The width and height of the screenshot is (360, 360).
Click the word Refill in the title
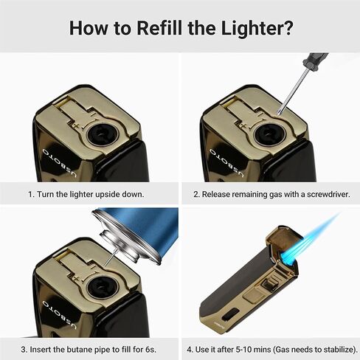[159, 28]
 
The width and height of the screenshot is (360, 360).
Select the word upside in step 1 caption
[108, 195]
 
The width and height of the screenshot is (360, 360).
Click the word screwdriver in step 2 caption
[328, 194]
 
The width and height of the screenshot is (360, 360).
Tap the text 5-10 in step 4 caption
[246, 350]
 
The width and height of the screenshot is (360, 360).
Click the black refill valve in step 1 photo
[100, 134]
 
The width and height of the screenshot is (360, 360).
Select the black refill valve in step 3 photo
[100, 288]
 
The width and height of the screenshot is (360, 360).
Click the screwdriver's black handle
[316, 60]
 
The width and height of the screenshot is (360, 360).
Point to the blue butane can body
[148, 227]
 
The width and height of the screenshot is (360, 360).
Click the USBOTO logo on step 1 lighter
[59, 162]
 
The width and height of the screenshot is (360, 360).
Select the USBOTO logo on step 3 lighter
[59, 314]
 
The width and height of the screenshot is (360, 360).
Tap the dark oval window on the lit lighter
[231, 315]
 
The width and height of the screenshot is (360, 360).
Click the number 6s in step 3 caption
[150, 350]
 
